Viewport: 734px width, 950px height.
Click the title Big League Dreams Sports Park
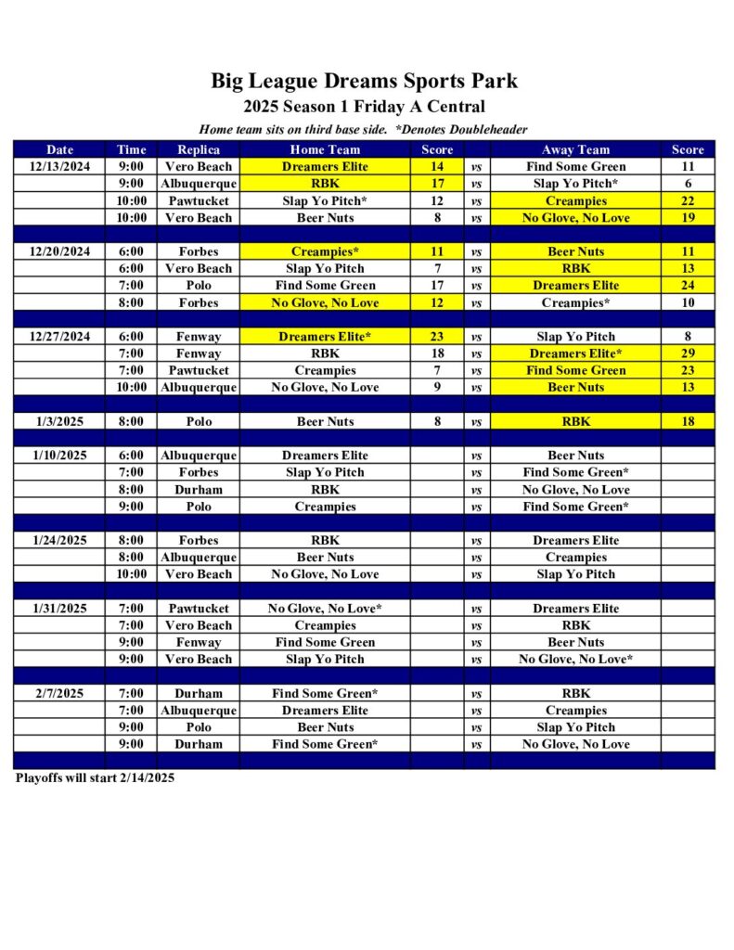tap(364, 81)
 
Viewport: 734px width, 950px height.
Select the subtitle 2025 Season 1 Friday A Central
tap(364, 107)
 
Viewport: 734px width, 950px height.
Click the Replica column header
tap(199, 149)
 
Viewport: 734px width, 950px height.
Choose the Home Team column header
tap(325, 149)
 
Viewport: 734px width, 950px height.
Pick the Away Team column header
tap(575, 149)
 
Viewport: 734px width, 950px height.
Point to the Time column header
tap(132, 149)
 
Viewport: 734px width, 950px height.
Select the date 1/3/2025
tap(60, 421)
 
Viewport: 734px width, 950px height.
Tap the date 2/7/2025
tap(60, 693)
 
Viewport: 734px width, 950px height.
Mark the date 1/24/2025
tap(60, 540)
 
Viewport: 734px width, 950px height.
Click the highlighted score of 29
tap(688, 353)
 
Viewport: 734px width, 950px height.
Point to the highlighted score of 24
tap(688, 286)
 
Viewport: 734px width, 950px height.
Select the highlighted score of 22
tap(688, 201)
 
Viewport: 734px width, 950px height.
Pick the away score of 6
tap(688, 184)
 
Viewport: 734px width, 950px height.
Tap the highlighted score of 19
tap(688, 218)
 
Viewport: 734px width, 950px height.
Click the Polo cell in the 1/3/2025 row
tap(199, 421)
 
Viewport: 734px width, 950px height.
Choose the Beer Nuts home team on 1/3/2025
tap(325, 421)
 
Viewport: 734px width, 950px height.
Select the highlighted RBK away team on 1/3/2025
tap(575, 421)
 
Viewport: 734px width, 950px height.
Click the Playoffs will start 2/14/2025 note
tap(95, 778)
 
